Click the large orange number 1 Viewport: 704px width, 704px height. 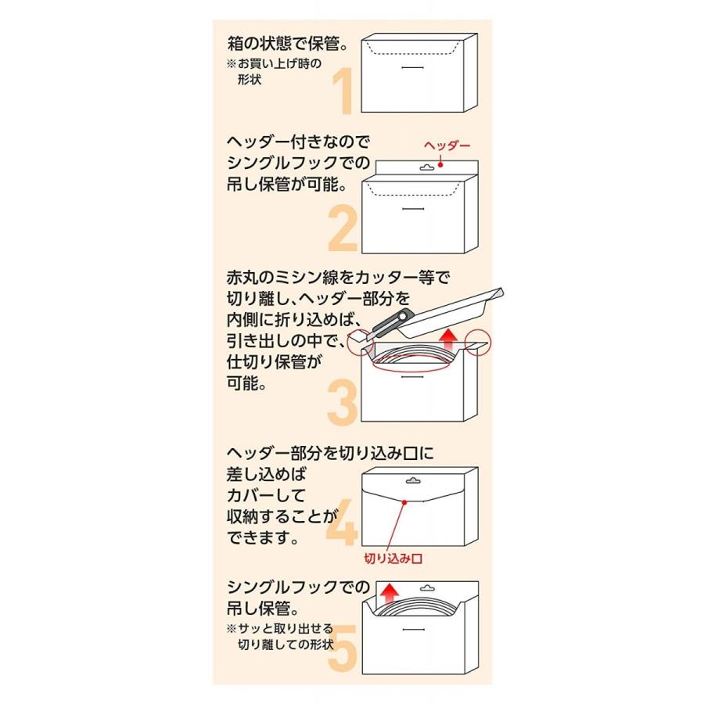344,92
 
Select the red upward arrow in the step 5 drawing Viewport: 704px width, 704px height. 387,596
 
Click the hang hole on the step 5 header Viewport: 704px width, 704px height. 426,587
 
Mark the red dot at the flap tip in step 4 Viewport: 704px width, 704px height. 404,503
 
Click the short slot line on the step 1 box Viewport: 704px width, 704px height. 415,68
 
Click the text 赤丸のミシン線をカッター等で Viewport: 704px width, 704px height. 339,279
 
